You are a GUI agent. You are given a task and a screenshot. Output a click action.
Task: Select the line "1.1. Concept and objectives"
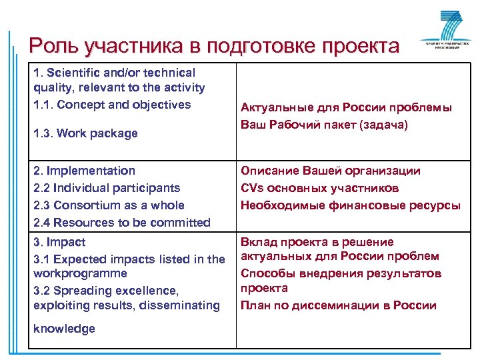[x=112, y=105]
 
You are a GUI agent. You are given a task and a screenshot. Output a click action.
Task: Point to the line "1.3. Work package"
[x=85, y=133]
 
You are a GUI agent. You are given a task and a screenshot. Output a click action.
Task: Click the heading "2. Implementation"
[x=84, y=171]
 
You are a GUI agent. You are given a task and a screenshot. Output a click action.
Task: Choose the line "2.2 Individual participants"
[x=107, y=188]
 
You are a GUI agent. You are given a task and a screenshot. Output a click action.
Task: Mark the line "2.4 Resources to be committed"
[x=122, y=223]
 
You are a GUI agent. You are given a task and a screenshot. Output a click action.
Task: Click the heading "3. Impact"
[x=59, y=242]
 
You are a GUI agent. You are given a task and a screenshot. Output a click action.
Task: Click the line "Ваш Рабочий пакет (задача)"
[x=323, y=125]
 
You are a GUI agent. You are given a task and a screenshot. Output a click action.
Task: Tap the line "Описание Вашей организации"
[x=331, y=171]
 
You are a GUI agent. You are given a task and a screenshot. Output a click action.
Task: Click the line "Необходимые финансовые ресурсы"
[x=351, y=205]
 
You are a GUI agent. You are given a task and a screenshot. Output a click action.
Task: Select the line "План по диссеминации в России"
[x=339, y=305]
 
